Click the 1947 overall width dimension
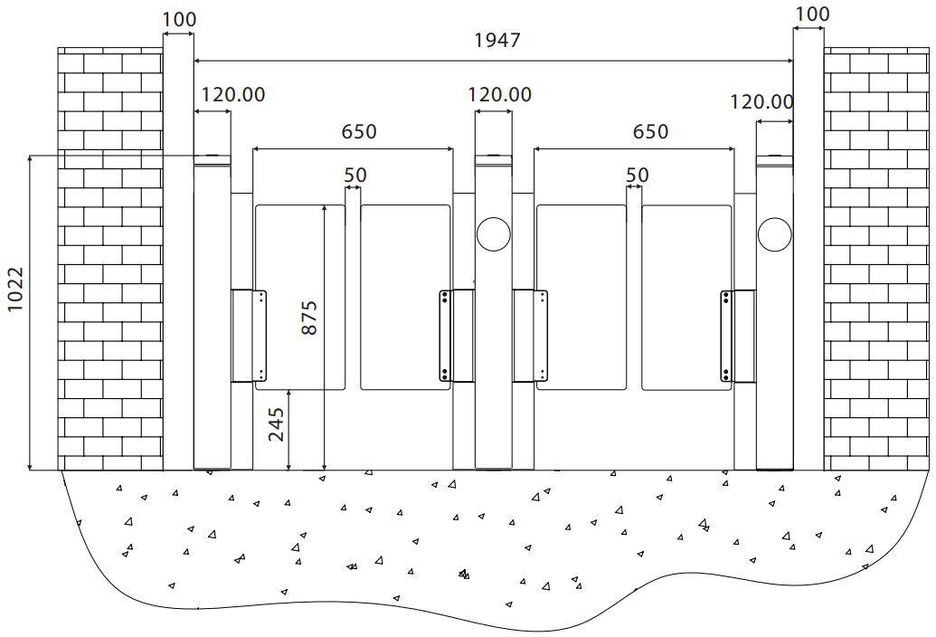coord(497,41)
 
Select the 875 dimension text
coord(309,318)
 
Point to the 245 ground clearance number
coord(276,423)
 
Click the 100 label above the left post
coord(177,18)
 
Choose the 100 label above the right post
coord(811,14)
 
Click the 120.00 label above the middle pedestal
coord(499,94)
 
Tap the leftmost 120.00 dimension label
coord(232,94)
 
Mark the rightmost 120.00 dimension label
coord(761,102)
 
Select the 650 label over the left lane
coord(359,131)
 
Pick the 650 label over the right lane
coord(650,131)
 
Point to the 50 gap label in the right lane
coord(637,174)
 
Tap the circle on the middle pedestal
coord(494,234)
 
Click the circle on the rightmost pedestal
coord(774,234)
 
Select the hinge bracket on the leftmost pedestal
coord(250,335)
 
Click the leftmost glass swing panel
coord(300,297)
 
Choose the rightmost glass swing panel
coord(687,297)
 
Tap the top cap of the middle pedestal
coord(494,160)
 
